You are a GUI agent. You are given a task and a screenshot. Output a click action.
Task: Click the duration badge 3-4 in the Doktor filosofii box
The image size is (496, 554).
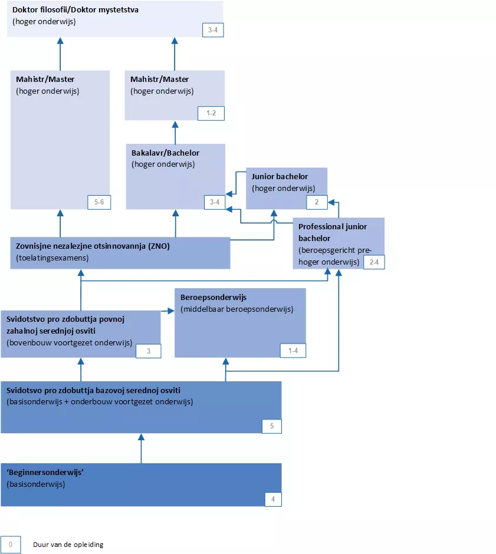pyautogui.click(x=212, y=30)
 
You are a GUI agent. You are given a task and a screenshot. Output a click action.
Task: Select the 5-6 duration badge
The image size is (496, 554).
pyautogui.click(x=98, y=202)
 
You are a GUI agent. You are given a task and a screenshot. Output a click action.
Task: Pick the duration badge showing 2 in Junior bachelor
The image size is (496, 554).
pyautogui.click(x=316, y=202)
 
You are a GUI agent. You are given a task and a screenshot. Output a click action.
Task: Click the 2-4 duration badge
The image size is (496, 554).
pyautogui.click(x=374, y=262)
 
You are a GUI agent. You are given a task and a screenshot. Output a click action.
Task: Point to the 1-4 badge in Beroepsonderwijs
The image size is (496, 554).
pyautogui.click(x=293, y=350)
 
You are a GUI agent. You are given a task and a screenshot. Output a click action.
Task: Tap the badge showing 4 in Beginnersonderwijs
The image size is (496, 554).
pyautogui.click(x=272, y=499)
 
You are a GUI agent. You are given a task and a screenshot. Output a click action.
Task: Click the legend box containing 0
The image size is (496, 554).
pyautogui.click(x=11, y=544)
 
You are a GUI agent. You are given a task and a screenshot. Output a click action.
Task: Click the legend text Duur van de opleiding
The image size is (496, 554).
pyautogui.click(x=68, y=545)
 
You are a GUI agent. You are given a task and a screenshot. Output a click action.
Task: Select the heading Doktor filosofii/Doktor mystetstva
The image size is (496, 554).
pyautogui.click(x=75, y=11)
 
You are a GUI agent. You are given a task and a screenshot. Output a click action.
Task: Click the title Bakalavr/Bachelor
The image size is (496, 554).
pyautogui.click(x=165, y=153)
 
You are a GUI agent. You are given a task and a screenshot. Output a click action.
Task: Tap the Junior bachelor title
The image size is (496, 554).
pyautogui.click(x=280, y=176)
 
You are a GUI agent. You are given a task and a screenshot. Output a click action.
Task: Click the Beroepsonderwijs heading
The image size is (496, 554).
pyautogui.click(x=213, y=298)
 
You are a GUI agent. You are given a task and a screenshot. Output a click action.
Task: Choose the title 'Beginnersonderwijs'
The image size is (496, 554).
pyautogui.click(x=44, y=473)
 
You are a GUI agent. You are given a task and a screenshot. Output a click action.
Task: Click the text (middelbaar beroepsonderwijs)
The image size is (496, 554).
pyautogui.click(x=236, y=309)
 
